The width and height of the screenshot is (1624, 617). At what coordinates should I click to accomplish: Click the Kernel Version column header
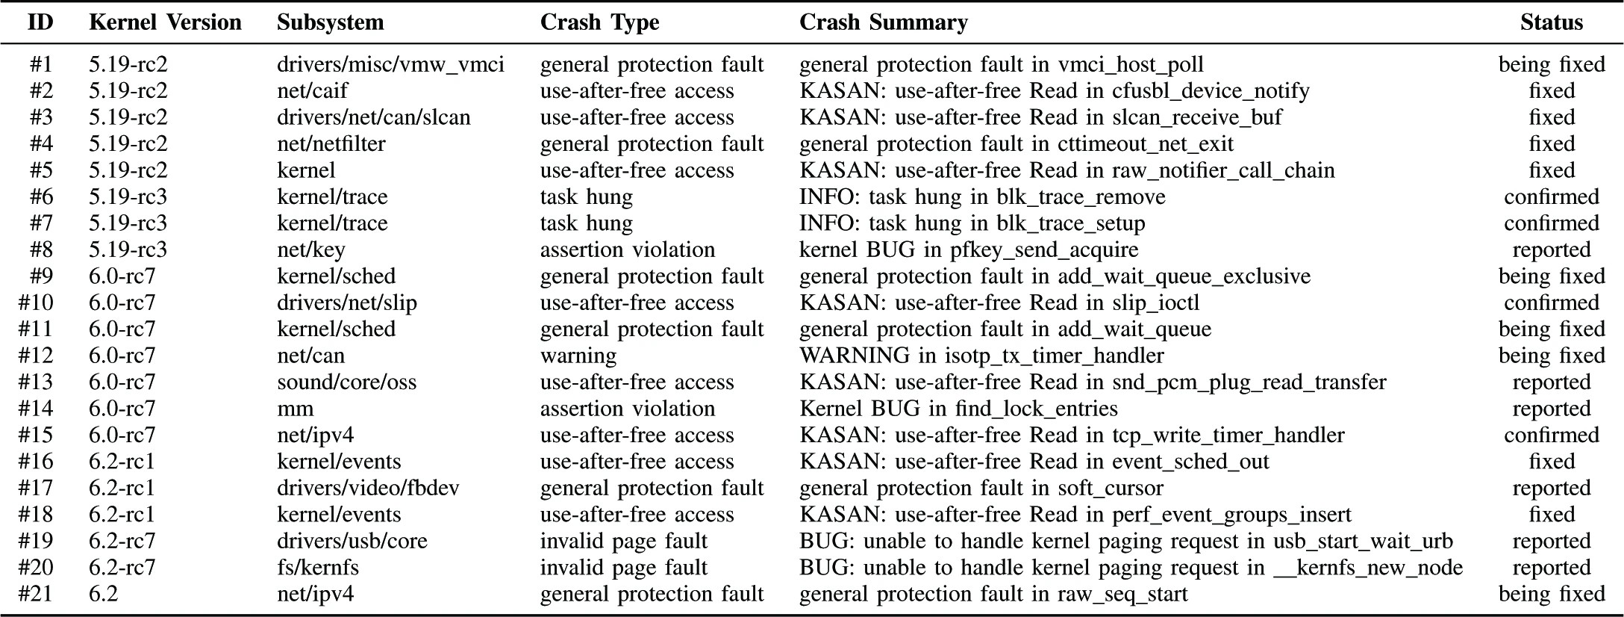coord(165,22)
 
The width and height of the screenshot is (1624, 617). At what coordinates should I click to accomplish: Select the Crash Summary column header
coord(884,22)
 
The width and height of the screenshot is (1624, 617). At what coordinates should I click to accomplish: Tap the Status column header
coord(1552,22)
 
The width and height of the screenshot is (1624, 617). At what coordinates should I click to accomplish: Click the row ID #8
coord(41,249)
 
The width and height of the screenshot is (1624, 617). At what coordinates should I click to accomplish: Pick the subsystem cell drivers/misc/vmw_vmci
coord(390,64)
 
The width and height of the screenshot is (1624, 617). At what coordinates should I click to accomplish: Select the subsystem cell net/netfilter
coord(331,143)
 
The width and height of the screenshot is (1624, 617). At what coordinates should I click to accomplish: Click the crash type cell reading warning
coord(578,356)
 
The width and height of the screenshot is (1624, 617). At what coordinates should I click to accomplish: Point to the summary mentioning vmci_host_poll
coord(1002,65)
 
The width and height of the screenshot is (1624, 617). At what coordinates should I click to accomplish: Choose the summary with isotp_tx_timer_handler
coord(981,356)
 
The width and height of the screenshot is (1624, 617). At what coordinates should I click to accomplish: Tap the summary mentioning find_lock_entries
coord(958,409)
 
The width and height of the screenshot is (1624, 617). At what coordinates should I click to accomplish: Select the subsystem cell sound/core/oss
coord(346,382)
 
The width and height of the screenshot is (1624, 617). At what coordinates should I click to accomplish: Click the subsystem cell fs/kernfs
coord(318,567)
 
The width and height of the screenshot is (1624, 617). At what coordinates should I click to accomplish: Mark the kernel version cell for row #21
coord(104,594)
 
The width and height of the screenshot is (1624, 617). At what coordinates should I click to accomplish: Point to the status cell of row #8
coord(1552,249)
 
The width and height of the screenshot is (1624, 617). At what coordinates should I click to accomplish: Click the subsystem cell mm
coord(296,409)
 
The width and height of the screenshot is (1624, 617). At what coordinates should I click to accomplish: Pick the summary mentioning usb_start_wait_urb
coord(1126,541)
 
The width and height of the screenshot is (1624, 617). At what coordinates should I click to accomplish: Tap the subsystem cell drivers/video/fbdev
coord(368,488)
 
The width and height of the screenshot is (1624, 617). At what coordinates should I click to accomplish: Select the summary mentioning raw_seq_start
coord(993,594)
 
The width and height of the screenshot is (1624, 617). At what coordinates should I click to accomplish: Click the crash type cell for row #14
coord(628,409)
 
